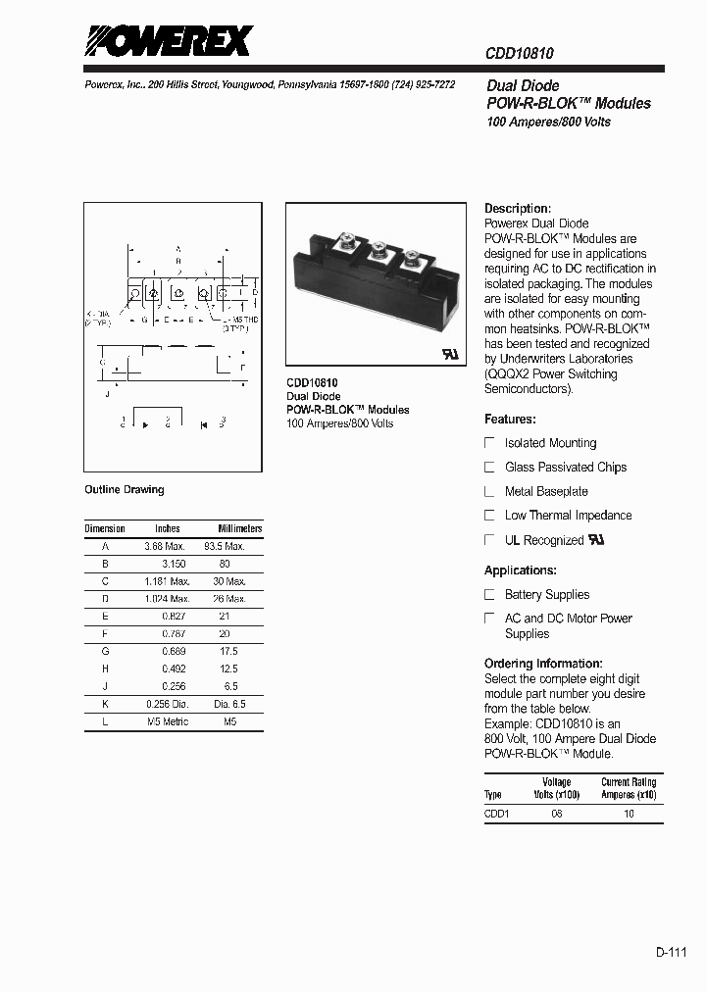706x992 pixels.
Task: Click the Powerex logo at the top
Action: (168, 42)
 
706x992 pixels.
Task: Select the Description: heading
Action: (518, 209)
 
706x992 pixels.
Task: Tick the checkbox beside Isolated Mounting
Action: (490, 443)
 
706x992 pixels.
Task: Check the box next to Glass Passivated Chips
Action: (490, 468)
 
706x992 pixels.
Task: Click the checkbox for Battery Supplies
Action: (490, 595)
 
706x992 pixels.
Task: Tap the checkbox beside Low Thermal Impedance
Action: (490, 516)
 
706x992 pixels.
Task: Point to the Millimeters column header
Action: (239, 528)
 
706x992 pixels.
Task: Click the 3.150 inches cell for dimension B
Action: (174, 564)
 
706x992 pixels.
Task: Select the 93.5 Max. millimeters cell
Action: (224, 546)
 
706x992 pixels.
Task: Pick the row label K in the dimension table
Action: (105, 704)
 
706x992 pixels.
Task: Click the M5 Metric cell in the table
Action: (167, 721)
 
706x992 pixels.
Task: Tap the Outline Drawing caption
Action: (125, 490)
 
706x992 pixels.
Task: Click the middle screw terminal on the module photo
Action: (376, 240)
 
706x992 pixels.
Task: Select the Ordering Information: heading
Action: (543, 664)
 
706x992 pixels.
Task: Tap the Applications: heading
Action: (520, 570)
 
